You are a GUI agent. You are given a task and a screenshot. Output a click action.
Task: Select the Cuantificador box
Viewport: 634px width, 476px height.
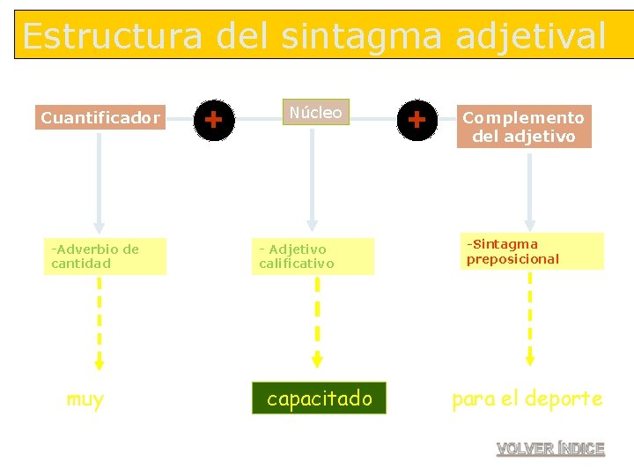pyautogui.click(x=100, y=117)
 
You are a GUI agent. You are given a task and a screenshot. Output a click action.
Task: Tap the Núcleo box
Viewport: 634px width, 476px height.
pyautogui.click(x=316, y=112)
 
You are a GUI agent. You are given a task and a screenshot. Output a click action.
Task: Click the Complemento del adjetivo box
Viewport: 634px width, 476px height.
pyautogui.click(x=524, y=127)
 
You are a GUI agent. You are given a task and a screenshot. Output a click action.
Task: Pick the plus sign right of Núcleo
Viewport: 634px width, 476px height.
pyautogui.click(x=417, y=118)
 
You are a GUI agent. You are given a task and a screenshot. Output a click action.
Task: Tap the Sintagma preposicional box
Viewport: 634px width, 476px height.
pyautogui.click(x=531, y=251)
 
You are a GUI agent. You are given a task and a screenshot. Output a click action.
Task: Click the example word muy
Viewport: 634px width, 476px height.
pyautogui.click(x=85, y=399)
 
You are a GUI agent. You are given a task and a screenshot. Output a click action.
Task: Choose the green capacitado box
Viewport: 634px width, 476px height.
pyautogui.click(x=319, y=398)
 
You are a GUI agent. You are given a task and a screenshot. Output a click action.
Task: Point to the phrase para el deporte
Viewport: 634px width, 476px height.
pyautogui.click(x=527, y=398)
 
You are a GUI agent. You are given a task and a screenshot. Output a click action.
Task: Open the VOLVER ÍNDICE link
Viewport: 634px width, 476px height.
pyautogui.click(x=550, y=449)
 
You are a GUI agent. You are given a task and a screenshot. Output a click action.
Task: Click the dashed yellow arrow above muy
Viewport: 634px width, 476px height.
pyautogui.click(x=100, y=323)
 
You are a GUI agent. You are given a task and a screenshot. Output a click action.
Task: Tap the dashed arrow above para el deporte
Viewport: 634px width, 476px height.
pyautogui.click(x=529, y=317)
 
